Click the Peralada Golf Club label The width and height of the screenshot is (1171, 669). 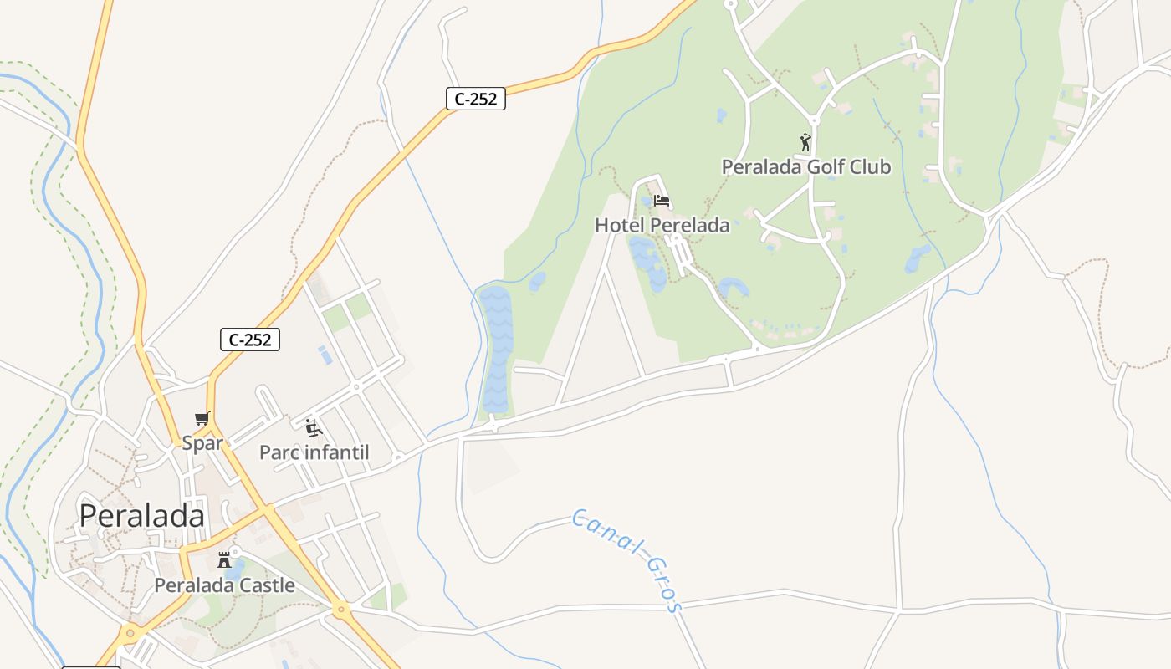pos(806,166)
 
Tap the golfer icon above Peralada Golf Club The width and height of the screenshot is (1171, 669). pos(805,142)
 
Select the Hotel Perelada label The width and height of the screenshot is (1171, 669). pos(662,225)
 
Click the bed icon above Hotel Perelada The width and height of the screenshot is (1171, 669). pos(662,201)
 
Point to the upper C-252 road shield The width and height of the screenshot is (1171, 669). pos(475,99)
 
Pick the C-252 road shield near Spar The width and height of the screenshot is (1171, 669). pos(249,340)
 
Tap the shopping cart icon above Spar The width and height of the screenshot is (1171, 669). pos(202,419)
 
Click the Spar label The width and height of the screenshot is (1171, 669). pos(202,443)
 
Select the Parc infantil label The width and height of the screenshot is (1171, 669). pos(314,452)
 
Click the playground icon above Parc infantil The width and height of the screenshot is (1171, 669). pos(314,428)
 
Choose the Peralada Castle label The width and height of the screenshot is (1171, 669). pos(224,585)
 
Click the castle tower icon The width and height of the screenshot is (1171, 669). pos(224,560)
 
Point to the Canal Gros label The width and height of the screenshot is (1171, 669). pos(627,559)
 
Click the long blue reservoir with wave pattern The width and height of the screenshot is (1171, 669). pos(494,351)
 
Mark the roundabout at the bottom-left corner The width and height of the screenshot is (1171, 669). pos(130,633)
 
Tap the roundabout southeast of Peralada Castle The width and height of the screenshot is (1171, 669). pos(340,610)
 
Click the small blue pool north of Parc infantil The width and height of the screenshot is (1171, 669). pos(325,355)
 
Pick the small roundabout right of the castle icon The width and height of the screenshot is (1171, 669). pos(236,552)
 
